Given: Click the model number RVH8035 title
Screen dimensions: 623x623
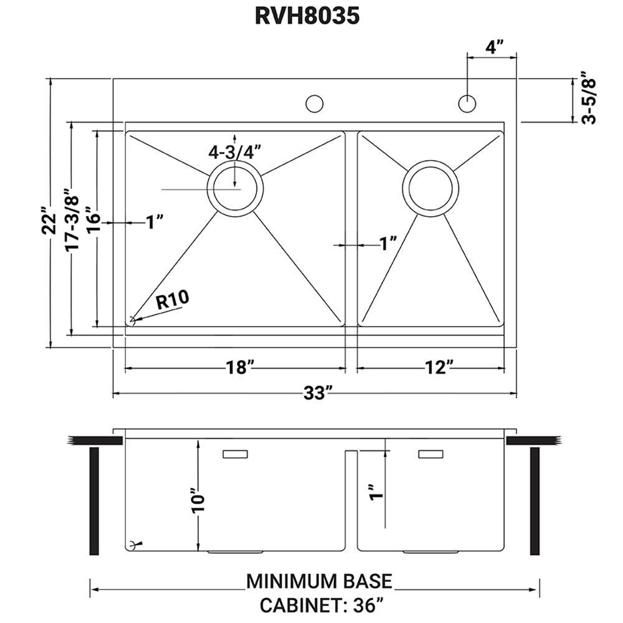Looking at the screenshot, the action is pyautogui.click(x=307, y=16).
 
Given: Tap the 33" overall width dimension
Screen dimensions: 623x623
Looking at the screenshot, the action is pyautogui.click(x=318, y=393).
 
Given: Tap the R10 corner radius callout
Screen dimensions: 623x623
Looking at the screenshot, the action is pyautogui.click(x=173, y=300).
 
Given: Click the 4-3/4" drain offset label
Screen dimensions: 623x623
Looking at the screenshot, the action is pyautogui.click(x=235, y=152).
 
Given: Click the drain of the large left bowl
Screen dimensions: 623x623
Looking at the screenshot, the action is pyautogui.click(x=235, y=188).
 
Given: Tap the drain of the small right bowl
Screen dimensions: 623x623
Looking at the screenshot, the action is pyautogui.click(x=430, y=188).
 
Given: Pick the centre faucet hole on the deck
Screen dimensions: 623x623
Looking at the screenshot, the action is pyautogui.click(x=314, y=103).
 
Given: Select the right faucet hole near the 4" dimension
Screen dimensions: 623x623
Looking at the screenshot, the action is pyautogui.click(x=467, y=103).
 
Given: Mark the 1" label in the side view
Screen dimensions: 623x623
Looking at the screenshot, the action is pyautogui.click(x=376, y=492).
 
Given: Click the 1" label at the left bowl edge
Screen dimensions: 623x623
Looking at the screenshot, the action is pyautogui.click(x=155, y=222).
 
